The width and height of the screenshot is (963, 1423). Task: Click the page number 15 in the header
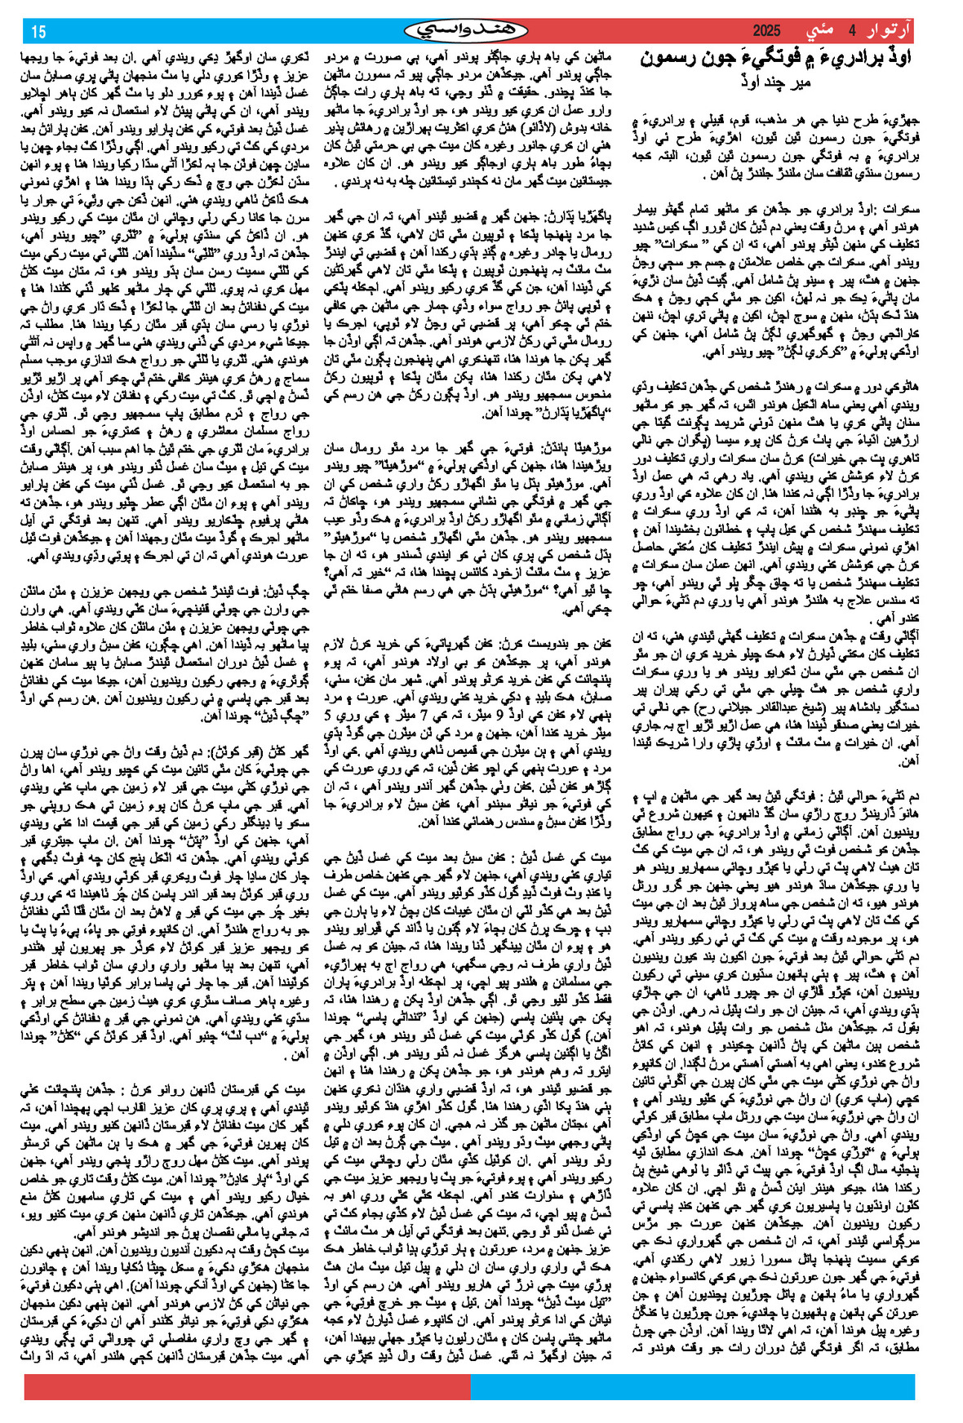tap(38, 32)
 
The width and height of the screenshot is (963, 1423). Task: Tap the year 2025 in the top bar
tap(766, 32)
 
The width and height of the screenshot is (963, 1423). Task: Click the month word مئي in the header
tap(819, 32)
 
